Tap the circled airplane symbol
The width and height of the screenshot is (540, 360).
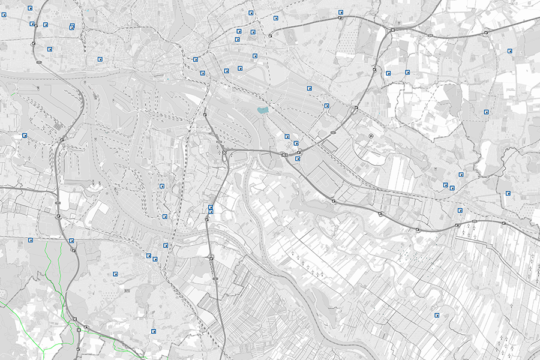371,136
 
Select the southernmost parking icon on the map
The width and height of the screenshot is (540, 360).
154,330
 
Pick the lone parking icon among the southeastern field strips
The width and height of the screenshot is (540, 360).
436,314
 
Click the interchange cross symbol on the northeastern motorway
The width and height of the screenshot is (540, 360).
392,30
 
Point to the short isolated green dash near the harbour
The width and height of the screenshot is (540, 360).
12,94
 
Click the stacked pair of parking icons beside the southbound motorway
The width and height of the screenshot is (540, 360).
211,209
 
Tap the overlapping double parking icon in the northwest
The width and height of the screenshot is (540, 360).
72,26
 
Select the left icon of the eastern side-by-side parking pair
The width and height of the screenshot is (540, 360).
445,185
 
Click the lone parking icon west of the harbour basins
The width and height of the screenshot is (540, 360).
25,136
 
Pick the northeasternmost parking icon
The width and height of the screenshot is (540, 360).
509,51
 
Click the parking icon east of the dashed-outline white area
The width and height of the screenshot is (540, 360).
486,112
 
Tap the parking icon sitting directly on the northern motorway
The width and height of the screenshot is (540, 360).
340,11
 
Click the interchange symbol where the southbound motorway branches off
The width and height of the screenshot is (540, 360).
224,153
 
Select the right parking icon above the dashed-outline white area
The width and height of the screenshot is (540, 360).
407,72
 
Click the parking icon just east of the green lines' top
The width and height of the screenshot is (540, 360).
71,241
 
